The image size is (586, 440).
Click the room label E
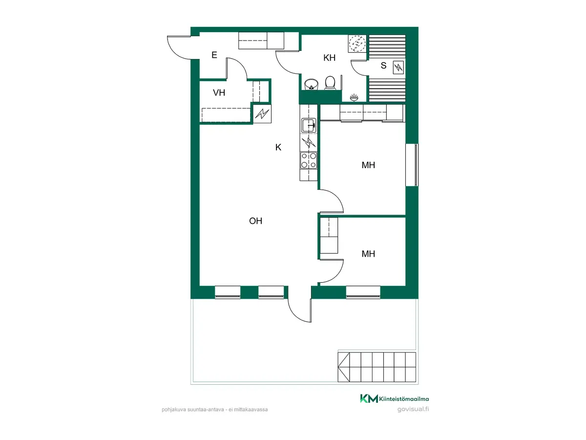tap(214, 55)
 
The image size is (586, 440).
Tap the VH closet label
tap(219, 93)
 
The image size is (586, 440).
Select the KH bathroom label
tap(329, 58)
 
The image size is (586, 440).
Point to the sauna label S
tap(383, 66)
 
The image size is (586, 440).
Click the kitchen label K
tap(278, 147)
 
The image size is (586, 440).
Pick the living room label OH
tap(255, 221)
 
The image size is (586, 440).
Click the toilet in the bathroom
tap(330, 83)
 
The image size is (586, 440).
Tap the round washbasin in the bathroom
tap(311, 84)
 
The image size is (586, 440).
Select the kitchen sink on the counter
tap(309, 125)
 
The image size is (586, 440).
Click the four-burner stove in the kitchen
tap(309, 160)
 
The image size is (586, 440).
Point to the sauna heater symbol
tap(398, 67)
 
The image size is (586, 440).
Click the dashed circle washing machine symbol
tap(357, 44)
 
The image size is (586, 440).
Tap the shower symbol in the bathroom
tap(354, 97)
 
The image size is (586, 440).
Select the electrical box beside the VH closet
tap(262, 114)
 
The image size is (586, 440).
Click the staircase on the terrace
tap(377, 367)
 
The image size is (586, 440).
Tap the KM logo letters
tap(369, 398)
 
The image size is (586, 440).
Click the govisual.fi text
tap(413, 409)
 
